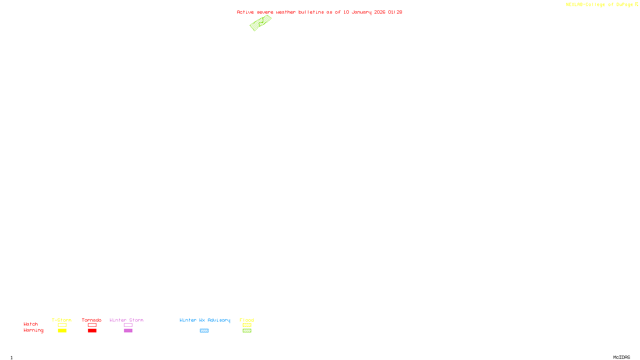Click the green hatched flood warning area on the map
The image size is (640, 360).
coord(260,23)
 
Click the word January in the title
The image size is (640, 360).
coord(362,12)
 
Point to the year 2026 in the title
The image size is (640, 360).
coord(380,12)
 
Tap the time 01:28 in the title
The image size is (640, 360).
coord(395,12)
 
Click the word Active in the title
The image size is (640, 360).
coord(245,12)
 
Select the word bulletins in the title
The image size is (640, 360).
coord(311,12)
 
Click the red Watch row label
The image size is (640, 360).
coord(31,324)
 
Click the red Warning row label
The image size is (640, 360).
coord(34,330)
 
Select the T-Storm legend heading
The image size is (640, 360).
coord(62,320)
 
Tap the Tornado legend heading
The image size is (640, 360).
coord(92,320)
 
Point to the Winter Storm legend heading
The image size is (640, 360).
coord(126,320)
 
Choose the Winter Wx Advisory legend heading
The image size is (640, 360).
coord(205,320)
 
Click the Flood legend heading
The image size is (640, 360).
coord(247,320)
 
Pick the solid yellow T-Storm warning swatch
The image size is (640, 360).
coord(62,331)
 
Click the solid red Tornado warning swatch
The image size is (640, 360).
coord(92,331)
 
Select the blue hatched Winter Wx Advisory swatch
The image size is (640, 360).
coord(204,331)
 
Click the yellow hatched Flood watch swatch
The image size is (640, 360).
coord(247,325)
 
